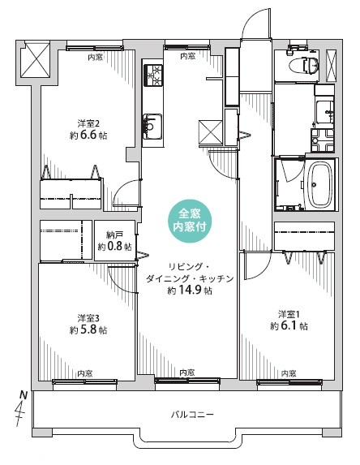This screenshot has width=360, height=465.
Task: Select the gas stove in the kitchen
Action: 153,75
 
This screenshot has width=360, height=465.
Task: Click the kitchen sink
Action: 152,127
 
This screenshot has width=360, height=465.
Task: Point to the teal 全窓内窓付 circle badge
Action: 190,221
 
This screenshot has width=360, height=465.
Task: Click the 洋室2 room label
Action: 88,123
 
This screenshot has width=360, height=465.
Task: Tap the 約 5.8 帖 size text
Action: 88,329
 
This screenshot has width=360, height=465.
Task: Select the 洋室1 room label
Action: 289,314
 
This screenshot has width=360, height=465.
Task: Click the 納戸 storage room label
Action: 114,235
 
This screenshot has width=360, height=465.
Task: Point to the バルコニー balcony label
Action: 192,415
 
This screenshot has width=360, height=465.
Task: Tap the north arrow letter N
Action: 24,395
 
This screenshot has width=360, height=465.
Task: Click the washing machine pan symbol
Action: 323,140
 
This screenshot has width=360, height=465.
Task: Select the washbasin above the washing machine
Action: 325,112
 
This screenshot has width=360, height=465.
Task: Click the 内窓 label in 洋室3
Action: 85,373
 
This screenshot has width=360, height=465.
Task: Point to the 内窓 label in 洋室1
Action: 289,373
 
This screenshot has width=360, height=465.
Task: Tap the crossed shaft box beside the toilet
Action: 332,66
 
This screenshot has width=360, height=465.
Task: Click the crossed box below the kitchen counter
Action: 210,132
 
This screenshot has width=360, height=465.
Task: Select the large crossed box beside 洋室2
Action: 35,61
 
